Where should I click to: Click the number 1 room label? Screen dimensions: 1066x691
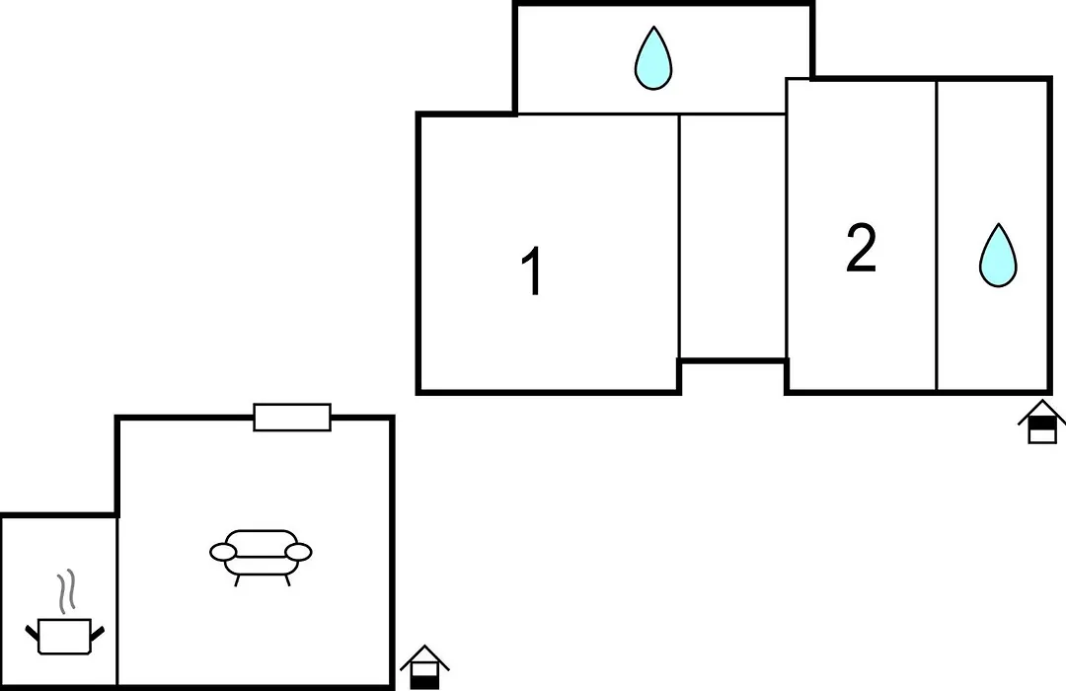coord(532,270)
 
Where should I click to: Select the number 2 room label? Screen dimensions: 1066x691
coord(861,248)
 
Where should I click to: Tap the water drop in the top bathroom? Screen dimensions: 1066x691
coord(653,58)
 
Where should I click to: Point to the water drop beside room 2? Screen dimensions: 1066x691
coord(998,255)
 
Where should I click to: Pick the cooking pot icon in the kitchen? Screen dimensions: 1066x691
coord(64,636)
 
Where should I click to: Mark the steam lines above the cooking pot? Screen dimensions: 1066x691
coord(65,591)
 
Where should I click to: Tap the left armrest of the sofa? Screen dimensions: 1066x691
coord(223,552)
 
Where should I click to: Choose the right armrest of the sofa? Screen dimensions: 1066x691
coord(298,552)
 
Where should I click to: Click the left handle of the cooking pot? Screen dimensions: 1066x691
coord(32,633)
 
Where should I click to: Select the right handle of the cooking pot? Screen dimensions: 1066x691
coord(97,633)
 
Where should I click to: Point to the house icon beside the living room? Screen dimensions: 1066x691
coord(424,667)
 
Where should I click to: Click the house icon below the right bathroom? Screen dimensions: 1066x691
coord(1041,422)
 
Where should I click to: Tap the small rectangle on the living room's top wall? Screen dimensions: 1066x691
coord(292,417)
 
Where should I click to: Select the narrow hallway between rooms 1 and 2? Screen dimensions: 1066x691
coord(732,237)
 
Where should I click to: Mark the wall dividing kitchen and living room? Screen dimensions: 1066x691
coord(116,600)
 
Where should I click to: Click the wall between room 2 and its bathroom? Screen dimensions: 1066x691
coord(937,235)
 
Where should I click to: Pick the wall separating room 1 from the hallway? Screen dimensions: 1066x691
coord(678,237)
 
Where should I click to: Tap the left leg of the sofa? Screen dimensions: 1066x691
coord(237,580)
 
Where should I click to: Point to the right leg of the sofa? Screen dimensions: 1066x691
coord(287,580)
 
